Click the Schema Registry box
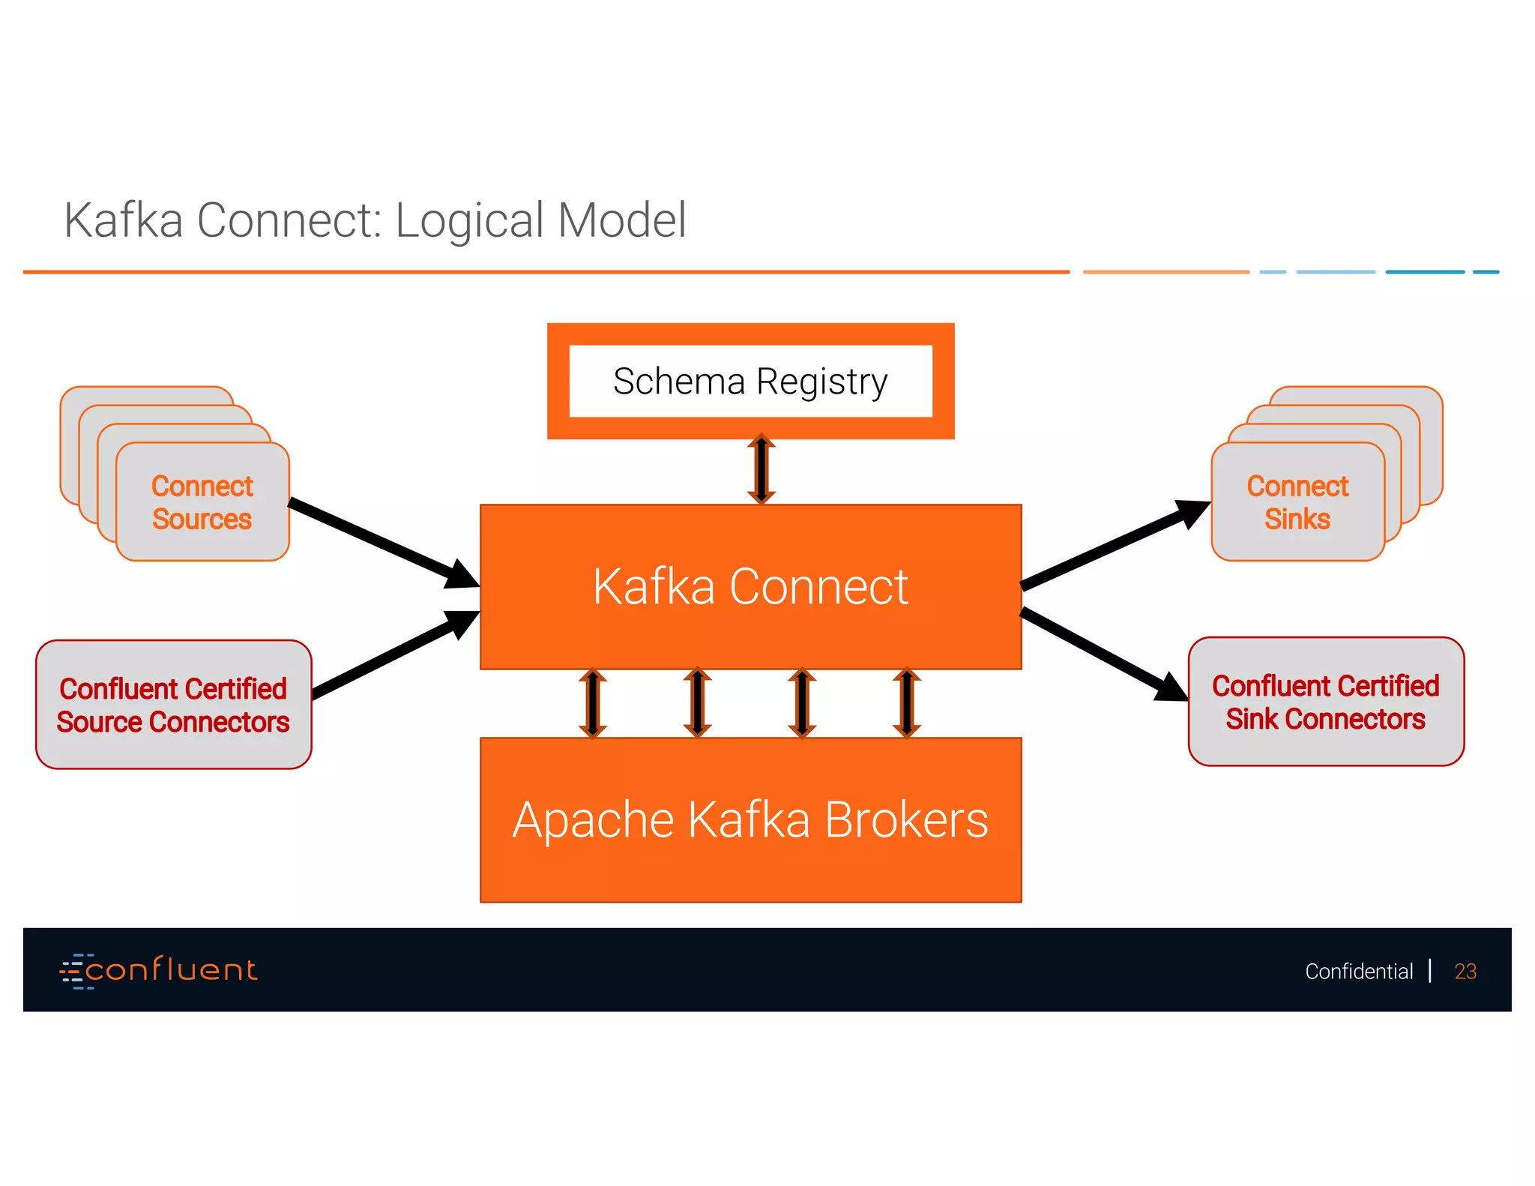750,381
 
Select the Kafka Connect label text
750,586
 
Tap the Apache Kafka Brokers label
750,819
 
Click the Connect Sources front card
202,502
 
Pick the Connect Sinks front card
1297,502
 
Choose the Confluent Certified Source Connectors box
173,705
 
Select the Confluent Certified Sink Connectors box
1326,702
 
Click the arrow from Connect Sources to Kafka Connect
382,542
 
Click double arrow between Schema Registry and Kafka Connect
761,470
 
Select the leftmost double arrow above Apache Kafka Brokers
592,703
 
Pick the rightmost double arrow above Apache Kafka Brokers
906,703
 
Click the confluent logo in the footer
159,970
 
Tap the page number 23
1465,972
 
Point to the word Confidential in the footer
1359,972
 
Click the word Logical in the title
469,220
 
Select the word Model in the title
621,220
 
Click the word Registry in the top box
821,382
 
